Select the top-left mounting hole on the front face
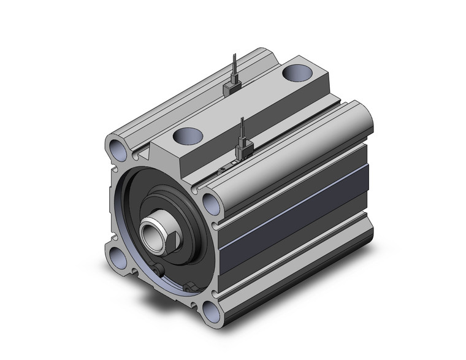tap(116, 147)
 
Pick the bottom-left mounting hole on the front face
tap(120, 258)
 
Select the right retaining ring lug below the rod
tap(189, 286)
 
